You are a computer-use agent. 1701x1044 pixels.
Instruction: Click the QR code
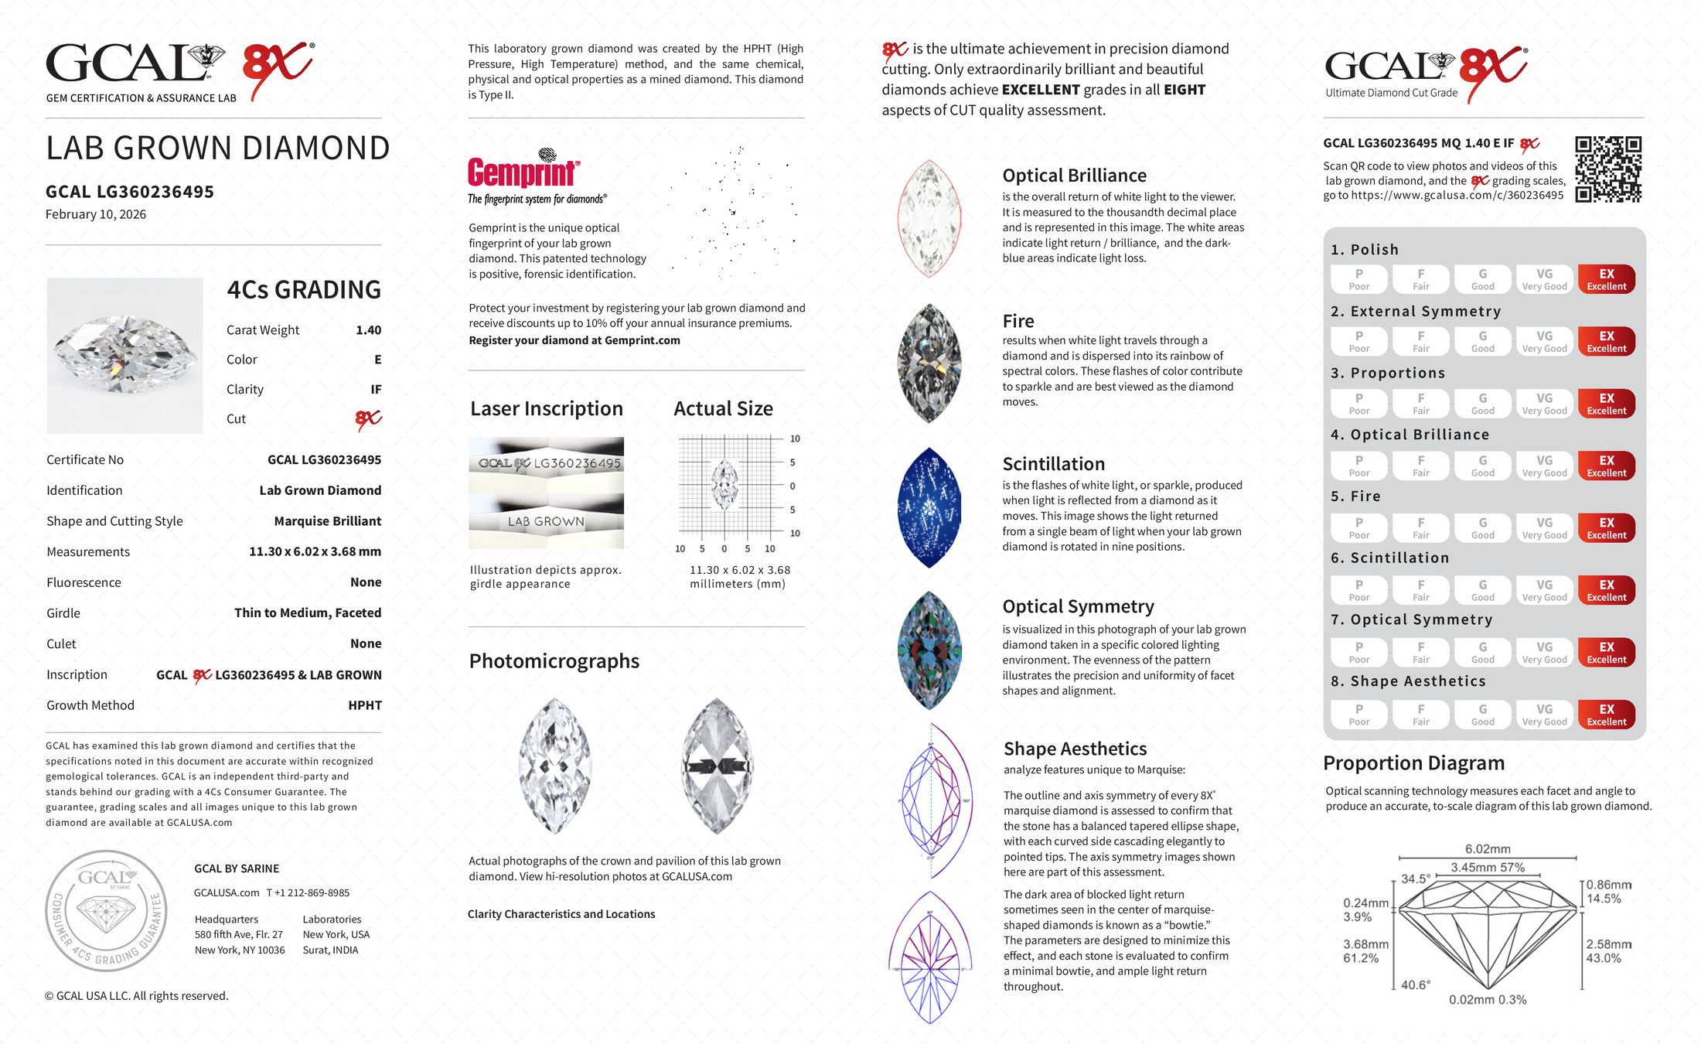click(x=1608, y=169)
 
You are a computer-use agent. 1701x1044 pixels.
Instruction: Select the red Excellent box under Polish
click(x=1606, y=279)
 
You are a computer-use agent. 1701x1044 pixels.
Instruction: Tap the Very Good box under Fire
click(x=1544, y=528)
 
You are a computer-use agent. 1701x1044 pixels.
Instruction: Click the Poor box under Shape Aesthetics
click(x=1358, y=715)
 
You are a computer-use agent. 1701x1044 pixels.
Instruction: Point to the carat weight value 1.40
click(x=368, y=330)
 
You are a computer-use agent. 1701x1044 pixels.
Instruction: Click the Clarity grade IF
click(x=376, y=390)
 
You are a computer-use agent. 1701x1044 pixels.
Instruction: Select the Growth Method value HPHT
click(x=365, y=705)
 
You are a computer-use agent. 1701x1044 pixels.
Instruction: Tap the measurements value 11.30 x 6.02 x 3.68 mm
click(x=315, y=552)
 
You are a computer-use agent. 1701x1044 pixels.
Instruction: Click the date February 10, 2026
click(x=96, y=215)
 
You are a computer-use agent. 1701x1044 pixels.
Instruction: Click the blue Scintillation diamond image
click(x=929, y=508)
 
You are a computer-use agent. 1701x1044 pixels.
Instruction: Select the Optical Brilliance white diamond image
click(x=929, y=218)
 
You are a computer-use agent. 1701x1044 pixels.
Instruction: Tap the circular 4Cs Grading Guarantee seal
click(x=106, y=910)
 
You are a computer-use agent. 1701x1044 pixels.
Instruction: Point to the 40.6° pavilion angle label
click(x=1415, y=985)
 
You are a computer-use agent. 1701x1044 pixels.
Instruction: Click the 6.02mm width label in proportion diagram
click(x=1487, y=849)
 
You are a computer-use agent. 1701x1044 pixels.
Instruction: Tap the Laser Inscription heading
click(x=547, y=409)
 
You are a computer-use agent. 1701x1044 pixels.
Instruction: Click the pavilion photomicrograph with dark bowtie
click(x=717, y=766)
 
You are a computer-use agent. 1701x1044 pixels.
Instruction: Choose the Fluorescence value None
click(x=366, y=582)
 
